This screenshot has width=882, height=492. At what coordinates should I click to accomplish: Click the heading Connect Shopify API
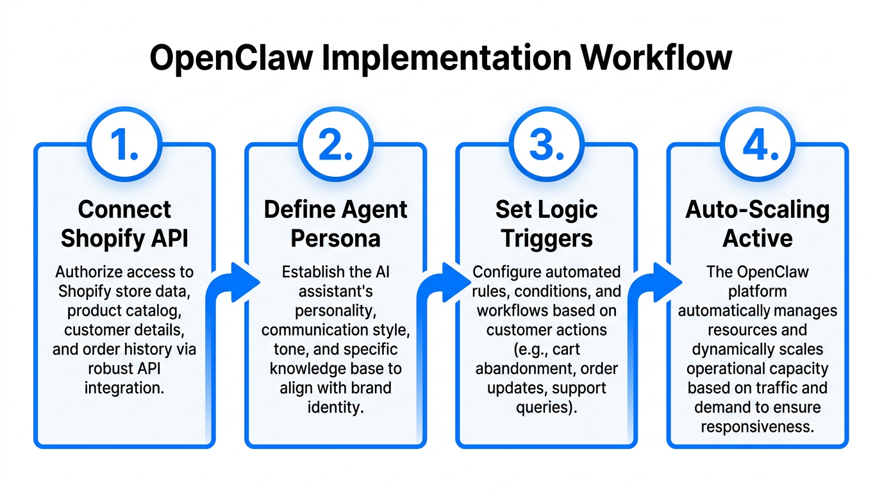click(124, 224)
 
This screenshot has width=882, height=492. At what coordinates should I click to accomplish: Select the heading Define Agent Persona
click(335, 224)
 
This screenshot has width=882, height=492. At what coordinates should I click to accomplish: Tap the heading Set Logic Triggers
click(546, 224)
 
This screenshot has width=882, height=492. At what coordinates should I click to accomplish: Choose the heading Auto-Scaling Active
click(758, 224)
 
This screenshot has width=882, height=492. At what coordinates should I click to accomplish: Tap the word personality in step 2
click(335, 311)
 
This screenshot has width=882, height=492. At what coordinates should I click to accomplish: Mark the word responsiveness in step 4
click(758, 427)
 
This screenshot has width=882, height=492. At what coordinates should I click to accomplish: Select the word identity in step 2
click(335, 407)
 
